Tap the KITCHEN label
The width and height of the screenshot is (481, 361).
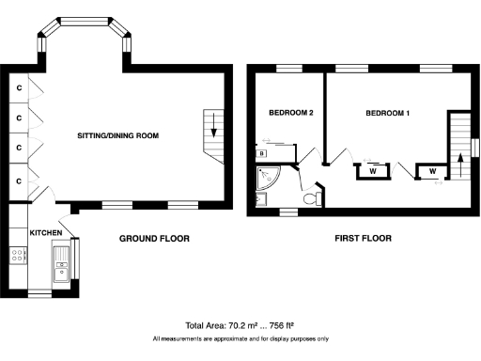point(45,231)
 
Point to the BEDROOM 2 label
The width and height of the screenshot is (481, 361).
point(290,113)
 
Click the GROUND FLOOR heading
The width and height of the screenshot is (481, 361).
point(154,239)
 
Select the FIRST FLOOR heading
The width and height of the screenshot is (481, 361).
point(363,239)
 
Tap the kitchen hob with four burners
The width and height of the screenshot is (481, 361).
point(16,253)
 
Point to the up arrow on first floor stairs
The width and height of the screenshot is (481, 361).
point(459,157)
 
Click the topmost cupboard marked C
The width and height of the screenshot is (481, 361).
point(18,87)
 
